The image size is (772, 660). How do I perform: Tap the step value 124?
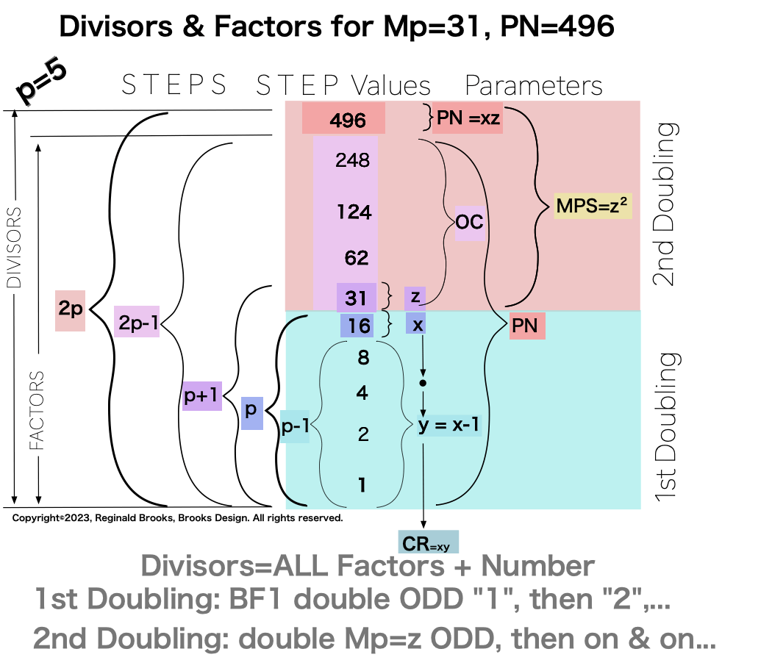click(x=354, y=212)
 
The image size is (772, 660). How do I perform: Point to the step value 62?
click(x=357, y=258)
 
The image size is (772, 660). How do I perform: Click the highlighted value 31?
click(x=357, y=298)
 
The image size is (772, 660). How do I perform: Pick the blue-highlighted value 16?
click(x=360, y=326)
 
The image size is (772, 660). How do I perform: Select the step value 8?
click(x=362, y=359)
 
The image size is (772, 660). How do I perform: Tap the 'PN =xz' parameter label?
click(x=469, y=118)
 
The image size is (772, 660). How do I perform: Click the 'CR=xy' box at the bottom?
click(x=427, y=543)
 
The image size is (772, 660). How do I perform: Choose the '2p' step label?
click(x=71, y=310)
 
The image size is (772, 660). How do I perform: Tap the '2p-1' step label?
click(x=137, y=321)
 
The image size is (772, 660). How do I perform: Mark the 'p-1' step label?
click(x=295, y=427)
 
